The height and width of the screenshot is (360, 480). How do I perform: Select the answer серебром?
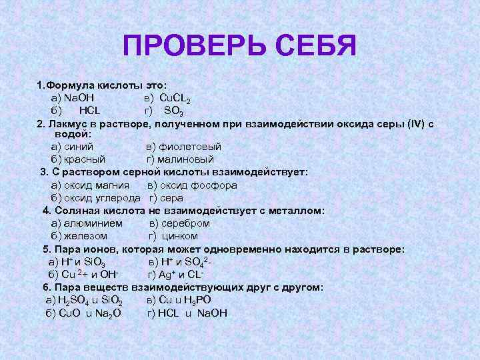(186, 223)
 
